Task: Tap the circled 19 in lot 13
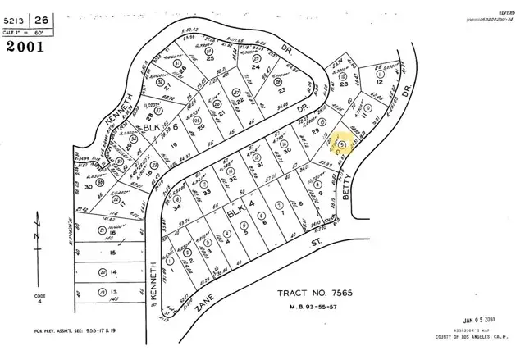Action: [x=101, y=291]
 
